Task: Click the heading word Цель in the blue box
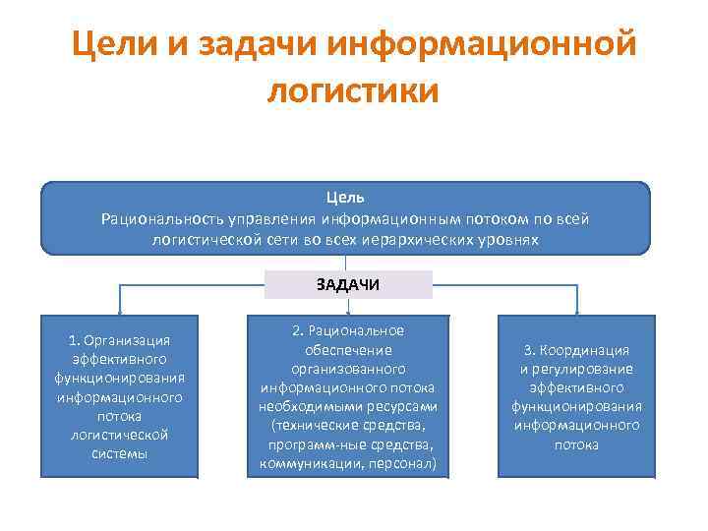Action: coord(345,199)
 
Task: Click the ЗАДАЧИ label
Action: coord(348,285)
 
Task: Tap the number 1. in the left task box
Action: coord(75,340)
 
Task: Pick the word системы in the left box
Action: coord(119,453)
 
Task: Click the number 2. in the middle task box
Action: coord(298,331)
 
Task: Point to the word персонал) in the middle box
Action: coord(405,462)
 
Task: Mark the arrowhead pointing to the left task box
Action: coord(119,312)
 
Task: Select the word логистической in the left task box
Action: coord(119,435)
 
